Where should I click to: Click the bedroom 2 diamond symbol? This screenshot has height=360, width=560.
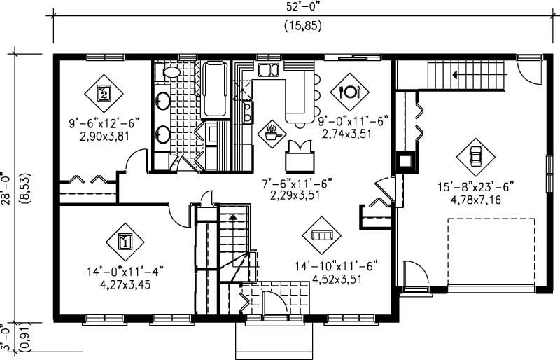[104, 91]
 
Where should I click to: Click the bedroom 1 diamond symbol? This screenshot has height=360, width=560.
[125, 242]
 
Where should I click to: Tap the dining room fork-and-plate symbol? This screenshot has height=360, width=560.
[349, 91]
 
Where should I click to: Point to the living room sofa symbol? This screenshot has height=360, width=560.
[321, 235]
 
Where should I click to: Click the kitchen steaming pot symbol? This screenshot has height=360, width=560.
[272, 131]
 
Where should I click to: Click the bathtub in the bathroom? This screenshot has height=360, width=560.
[214, 90]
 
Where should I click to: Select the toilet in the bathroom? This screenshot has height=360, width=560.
[171, 71]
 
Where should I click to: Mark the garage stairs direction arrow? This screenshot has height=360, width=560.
[455, 73]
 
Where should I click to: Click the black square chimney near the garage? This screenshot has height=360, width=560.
[405, 161]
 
